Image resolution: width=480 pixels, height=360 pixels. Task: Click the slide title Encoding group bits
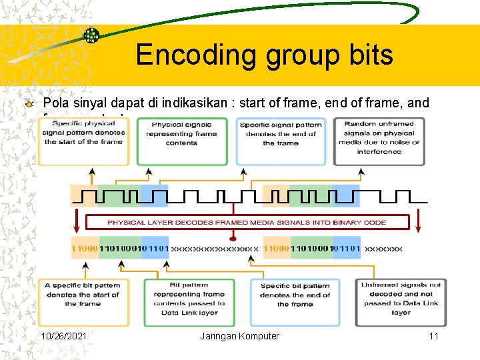click(x=264, y=55)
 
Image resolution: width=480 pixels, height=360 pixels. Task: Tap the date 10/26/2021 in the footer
click(x=65, y=336)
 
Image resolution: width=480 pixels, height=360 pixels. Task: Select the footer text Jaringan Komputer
click(x=239, y=336)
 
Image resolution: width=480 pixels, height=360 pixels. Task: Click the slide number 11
click(x=433, y=336)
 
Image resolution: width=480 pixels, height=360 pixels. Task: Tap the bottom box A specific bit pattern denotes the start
click(x=83, y=295)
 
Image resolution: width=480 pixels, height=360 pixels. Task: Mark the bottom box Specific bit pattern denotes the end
click(x=295, y=295)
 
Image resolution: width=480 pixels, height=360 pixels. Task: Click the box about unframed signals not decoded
click(x=401, y=298)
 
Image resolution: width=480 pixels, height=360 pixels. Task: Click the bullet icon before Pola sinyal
click(x=29, y=103)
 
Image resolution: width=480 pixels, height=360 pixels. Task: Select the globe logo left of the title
click(x=91, y=36)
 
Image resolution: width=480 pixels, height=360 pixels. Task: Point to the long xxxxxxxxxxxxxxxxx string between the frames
click(x=215, y=248)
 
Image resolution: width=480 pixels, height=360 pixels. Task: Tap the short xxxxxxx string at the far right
click(x=384, y=248)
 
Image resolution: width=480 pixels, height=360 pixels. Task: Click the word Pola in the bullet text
click(x=55, y=103)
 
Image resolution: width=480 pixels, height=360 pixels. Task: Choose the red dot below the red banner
click(x=233, y=238)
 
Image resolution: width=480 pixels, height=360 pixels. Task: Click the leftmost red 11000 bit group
click(x=85, y=248)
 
